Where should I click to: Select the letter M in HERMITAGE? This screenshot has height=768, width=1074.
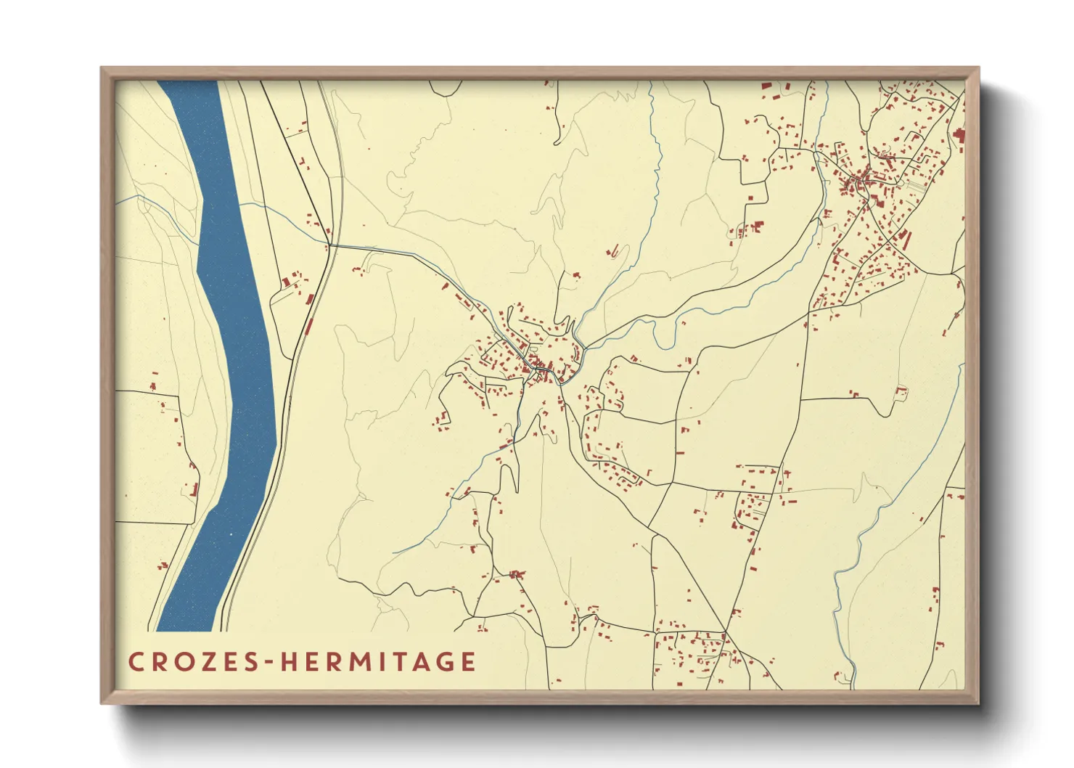tap(348, 661)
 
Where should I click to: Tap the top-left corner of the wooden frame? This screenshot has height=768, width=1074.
tap(102, 69)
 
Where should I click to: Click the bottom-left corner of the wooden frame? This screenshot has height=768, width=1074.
tap(102, 703)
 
